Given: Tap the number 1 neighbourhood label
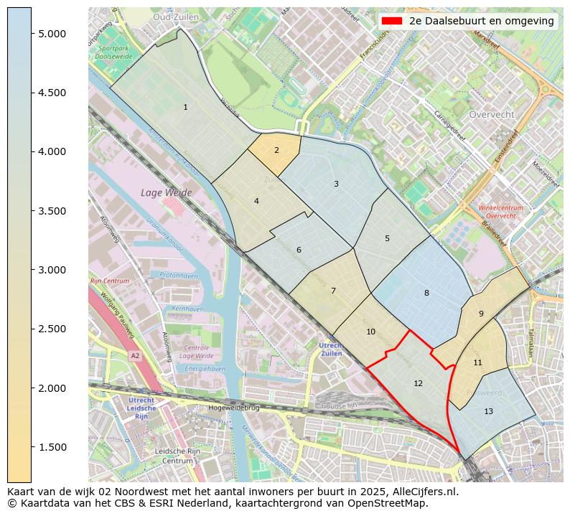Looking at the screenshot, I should (185, 108).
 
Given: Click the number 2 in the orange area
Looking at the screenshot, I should (276, 151).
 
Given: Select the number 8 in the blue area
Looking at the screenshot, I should (426, 293).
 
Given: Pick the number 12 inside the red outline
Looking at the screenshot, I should (418, 384).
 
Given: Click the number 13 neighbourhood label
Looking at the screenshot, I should (488, 412).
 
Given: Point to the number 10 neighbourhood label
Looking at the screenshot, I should (370, 332).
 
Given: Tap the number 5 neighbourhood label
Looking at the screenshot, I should (387, 239).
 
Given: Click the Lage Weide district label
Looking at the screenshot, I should (167, 193).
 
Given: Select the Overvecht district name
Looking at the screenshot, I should (491, 115).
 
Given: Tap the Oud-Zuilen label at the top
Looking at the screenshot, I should (176, 17).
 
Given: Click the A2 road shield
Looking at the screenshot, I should (134, 355).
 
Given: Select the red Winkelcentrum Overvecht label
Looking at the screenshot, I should (500, 212).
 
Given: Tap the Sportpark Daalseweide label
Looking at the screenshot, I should (112, 52).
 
